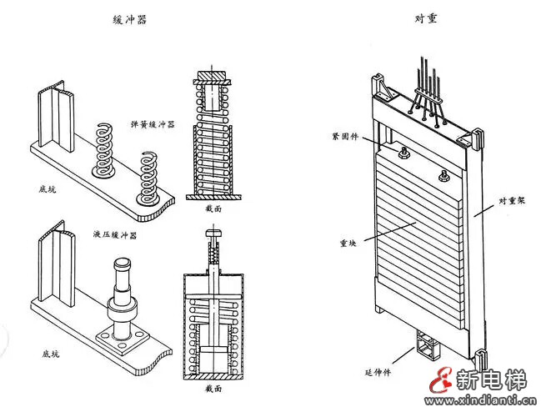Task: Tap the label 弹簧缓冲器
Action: [x=153, y=123]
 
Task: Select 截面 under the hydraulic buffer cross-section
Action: [x=215, y=389]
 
